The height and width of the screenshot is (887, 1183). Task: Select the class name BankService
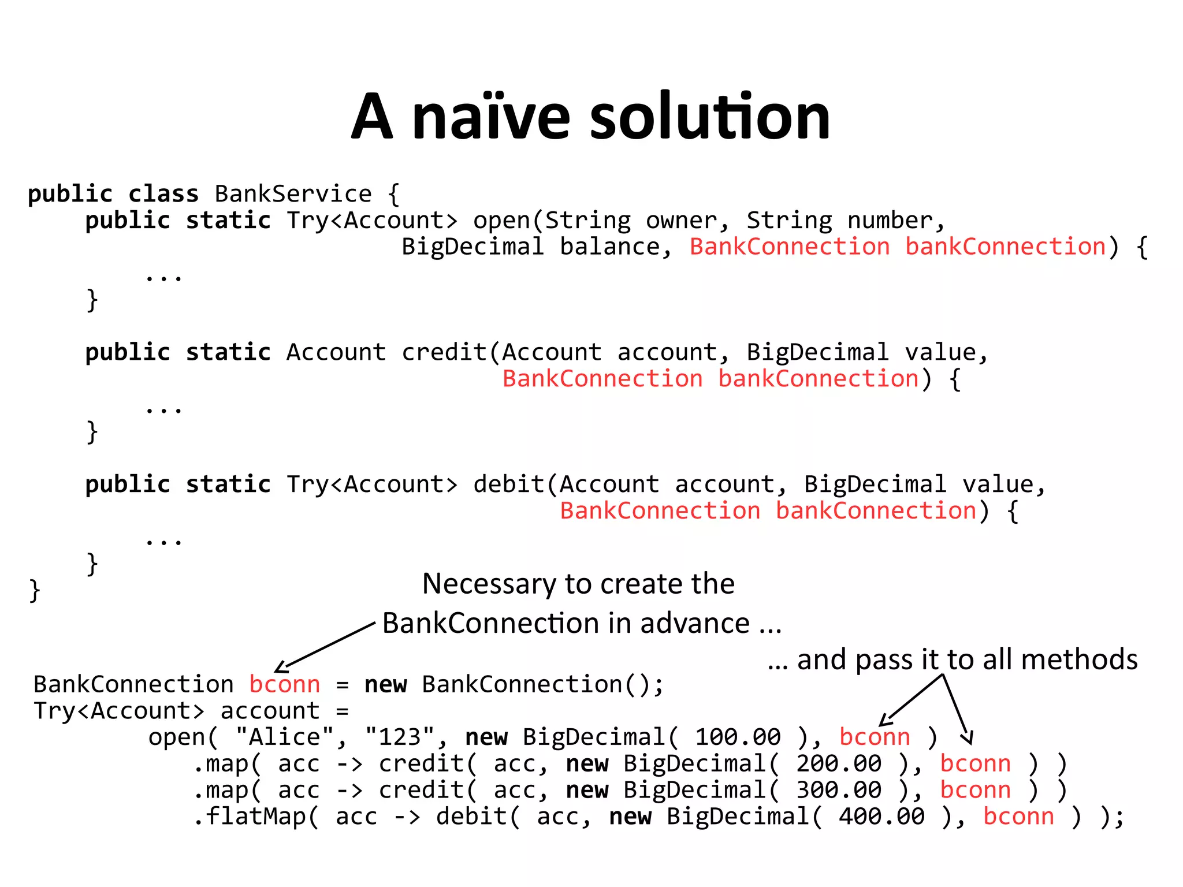293,194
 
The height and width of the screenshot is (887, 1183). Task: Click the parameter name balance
609,247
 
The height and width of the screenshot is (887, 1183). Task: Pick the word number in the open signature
890,221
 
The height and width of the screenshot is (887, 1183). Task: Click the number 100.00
738,737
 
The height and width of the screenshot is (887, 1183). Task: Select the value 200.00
839,764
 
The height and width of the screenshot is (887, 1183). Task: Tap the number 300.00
839,791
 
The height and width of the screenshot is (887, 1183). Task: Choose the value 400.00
881,817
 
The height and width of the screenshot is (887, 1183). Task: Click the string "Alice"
285,737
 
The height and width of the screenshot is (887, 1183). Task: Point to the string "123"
400,737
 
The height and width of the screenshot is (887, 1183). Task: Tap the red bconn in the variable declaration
285,685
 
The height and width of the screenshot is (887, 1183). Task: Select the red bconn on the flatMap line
1018,817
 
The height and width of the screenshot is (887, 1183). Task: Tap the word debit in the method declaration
508,485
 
